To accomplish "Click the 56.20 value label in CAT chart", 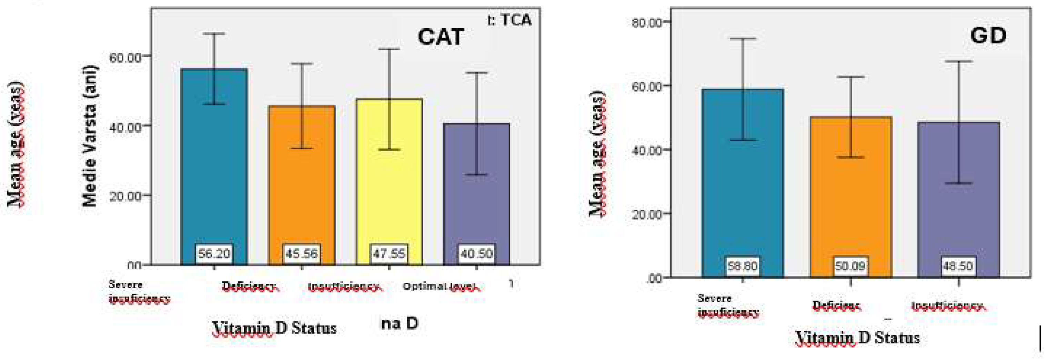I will [x=214, y=254].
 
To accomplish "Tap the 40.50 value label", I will [x=476, y=254].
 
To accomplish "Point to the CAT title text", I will [x=441, y=37].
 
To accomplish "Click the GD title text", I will [x=988, y=36].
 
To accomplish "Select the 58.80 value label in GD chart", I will [x=743, y=266].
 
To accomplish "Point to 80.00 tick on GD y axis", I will [x=646, y=22].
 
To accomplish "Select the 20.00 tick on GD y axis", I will [x=646, y=214].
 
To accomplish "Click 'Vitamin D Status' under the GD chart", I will [x=857, y=338].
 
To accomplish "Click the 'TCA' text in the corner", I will [x=516, y=20].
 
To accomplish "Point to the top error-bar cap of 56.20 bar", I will [x=214, y=34].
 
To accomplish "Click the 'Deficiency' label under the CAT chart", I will [x=249, y=286].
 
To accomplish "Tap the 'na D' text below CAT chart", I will [x=399, y=324].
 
